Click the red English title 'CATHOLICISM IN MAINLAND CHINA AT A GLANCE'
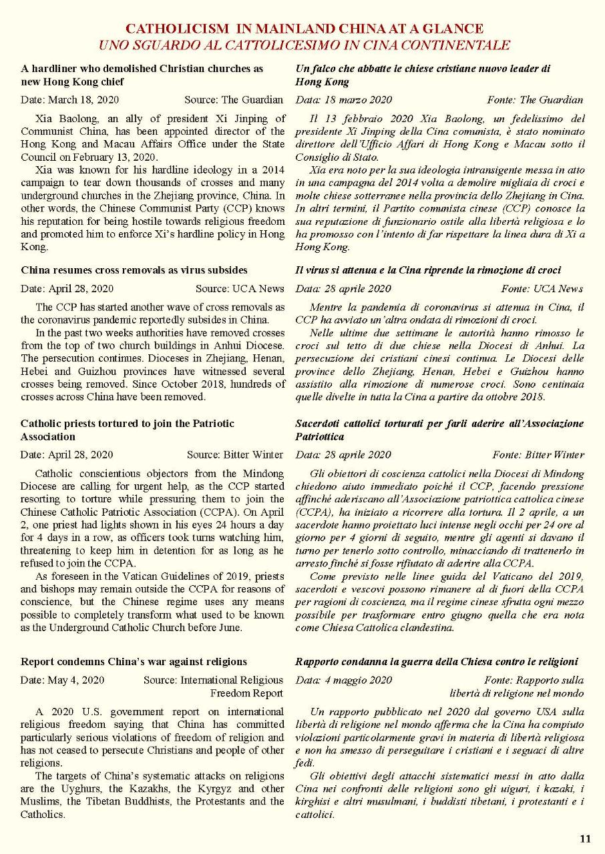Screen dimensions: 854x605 (x=304, y=29)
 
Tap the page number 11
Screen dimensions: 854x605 (x=585, y=839)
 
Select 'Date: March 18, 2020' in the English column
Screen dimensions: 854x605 (x=67, y=100)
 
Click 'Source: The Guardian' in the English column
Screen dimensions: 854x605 (x=234, y=100)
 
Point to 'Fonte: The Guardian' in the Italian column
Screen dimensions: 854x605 (x=535, y=100)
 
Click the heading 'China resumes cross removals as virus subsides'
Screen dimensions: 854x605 (x=134, y=270)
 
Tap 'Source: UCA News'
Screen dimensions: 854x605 (x=240, y=289)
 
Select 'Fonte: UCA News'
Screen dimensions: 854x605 (x=542, y=289)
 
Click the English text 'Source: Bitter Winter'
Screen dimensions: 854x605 (x=235, y=455)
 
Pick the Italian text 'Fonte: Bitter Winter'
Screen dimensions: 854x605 (x=538, y=455)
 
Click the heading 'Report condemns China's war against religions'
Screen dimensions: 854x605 (x=134, y=662)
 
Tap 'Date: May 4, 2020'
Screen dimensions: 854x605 (x=62, y=680)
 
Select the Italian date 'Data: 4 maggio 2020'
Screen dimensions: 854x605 (x=343, y=680)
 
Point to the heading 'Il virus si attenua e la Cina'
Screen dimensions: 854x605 (x=427, y=270)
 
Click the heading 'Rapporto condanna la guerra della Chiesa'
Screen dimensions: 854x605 (x=436, y=662)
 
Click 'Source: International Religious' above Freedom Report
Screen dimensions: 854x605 (x=213, y=680)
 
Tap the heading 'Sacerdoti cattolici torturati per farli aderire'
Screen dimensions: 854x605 (x=439, y=424)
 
